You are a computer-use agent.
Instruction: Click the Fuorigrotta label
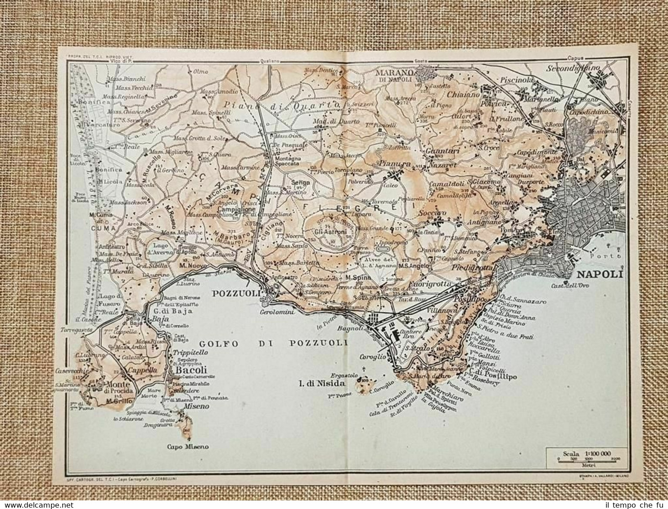(x=424, y=284)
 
